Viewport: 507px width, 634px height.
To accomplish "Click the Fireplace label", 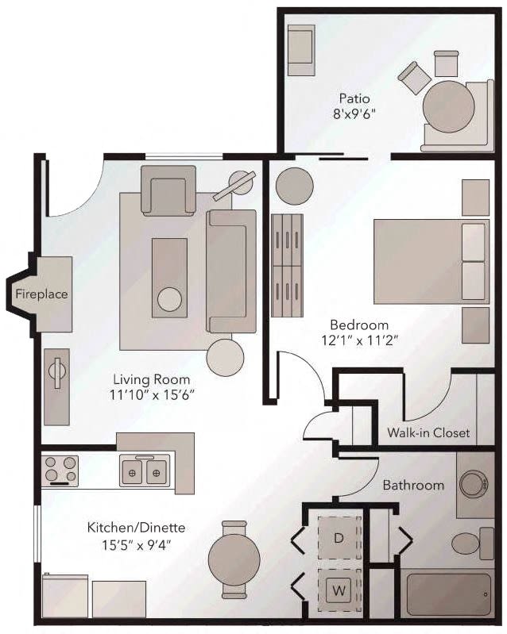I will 41,294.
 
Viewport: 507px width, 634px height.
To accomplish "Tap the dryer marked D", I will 339,539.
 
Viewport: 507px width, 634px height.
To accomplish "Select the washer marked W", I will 339,590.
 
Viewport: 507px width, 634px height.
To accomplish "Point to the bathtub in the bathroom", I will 448,594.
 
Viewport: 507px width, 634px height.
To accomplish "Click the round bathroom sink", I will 475,483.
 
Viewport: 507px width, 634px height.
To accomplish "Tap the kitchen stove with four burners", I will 60,470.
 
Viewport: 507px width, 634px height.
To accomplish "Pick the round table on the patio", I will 448,105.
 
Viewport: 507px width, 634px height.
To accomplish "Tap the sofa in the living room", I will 231,271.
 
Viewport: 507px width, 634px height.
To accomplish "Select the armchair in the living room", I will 168,190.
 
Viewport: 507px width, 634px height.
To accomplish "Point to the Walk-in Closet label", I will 428,433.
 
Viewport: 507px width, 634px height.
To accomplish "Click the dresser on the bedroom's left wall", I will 287,264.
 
